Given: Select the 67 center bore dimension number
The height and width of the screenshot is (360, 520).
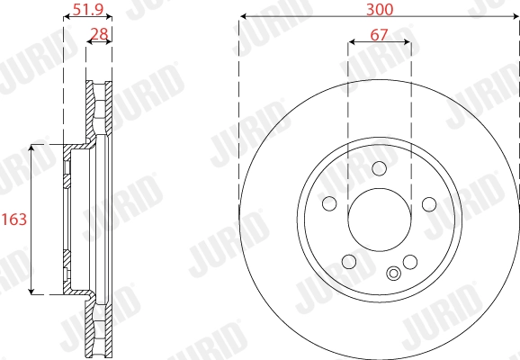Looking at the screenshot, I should (380, 37).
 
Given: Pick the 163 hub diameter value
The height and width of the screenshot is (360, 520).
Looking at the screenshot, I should (13, 218).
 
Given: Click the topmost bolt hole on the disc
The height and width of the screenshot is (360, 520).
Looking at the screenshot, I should (379, 167).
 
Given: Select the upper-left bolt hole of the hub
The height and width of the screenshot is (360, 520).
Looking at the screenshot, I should (329, 203).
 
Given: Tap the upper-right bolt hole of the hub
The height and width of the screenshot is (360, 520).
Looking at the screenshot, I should (429, 203).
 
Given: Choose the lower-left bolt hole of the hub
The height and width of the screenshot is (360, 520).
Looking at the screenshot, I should (348, 262).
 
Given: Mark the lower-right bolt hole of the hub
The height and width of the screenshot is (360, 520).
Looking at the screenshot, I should (410, 262).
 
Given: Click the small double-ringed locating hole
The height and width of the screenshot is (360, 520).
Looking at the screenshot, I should (394, 274).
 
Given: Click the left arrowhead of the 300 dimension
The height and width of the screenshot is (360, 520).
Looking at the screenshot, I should (243, 18).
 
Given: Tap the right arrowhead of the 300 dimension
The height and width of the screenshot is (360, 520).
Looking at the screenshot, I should (516, 18).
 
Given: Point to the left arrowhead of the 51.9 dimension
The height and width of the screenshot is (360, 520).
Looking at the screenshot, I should (66, 18).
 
